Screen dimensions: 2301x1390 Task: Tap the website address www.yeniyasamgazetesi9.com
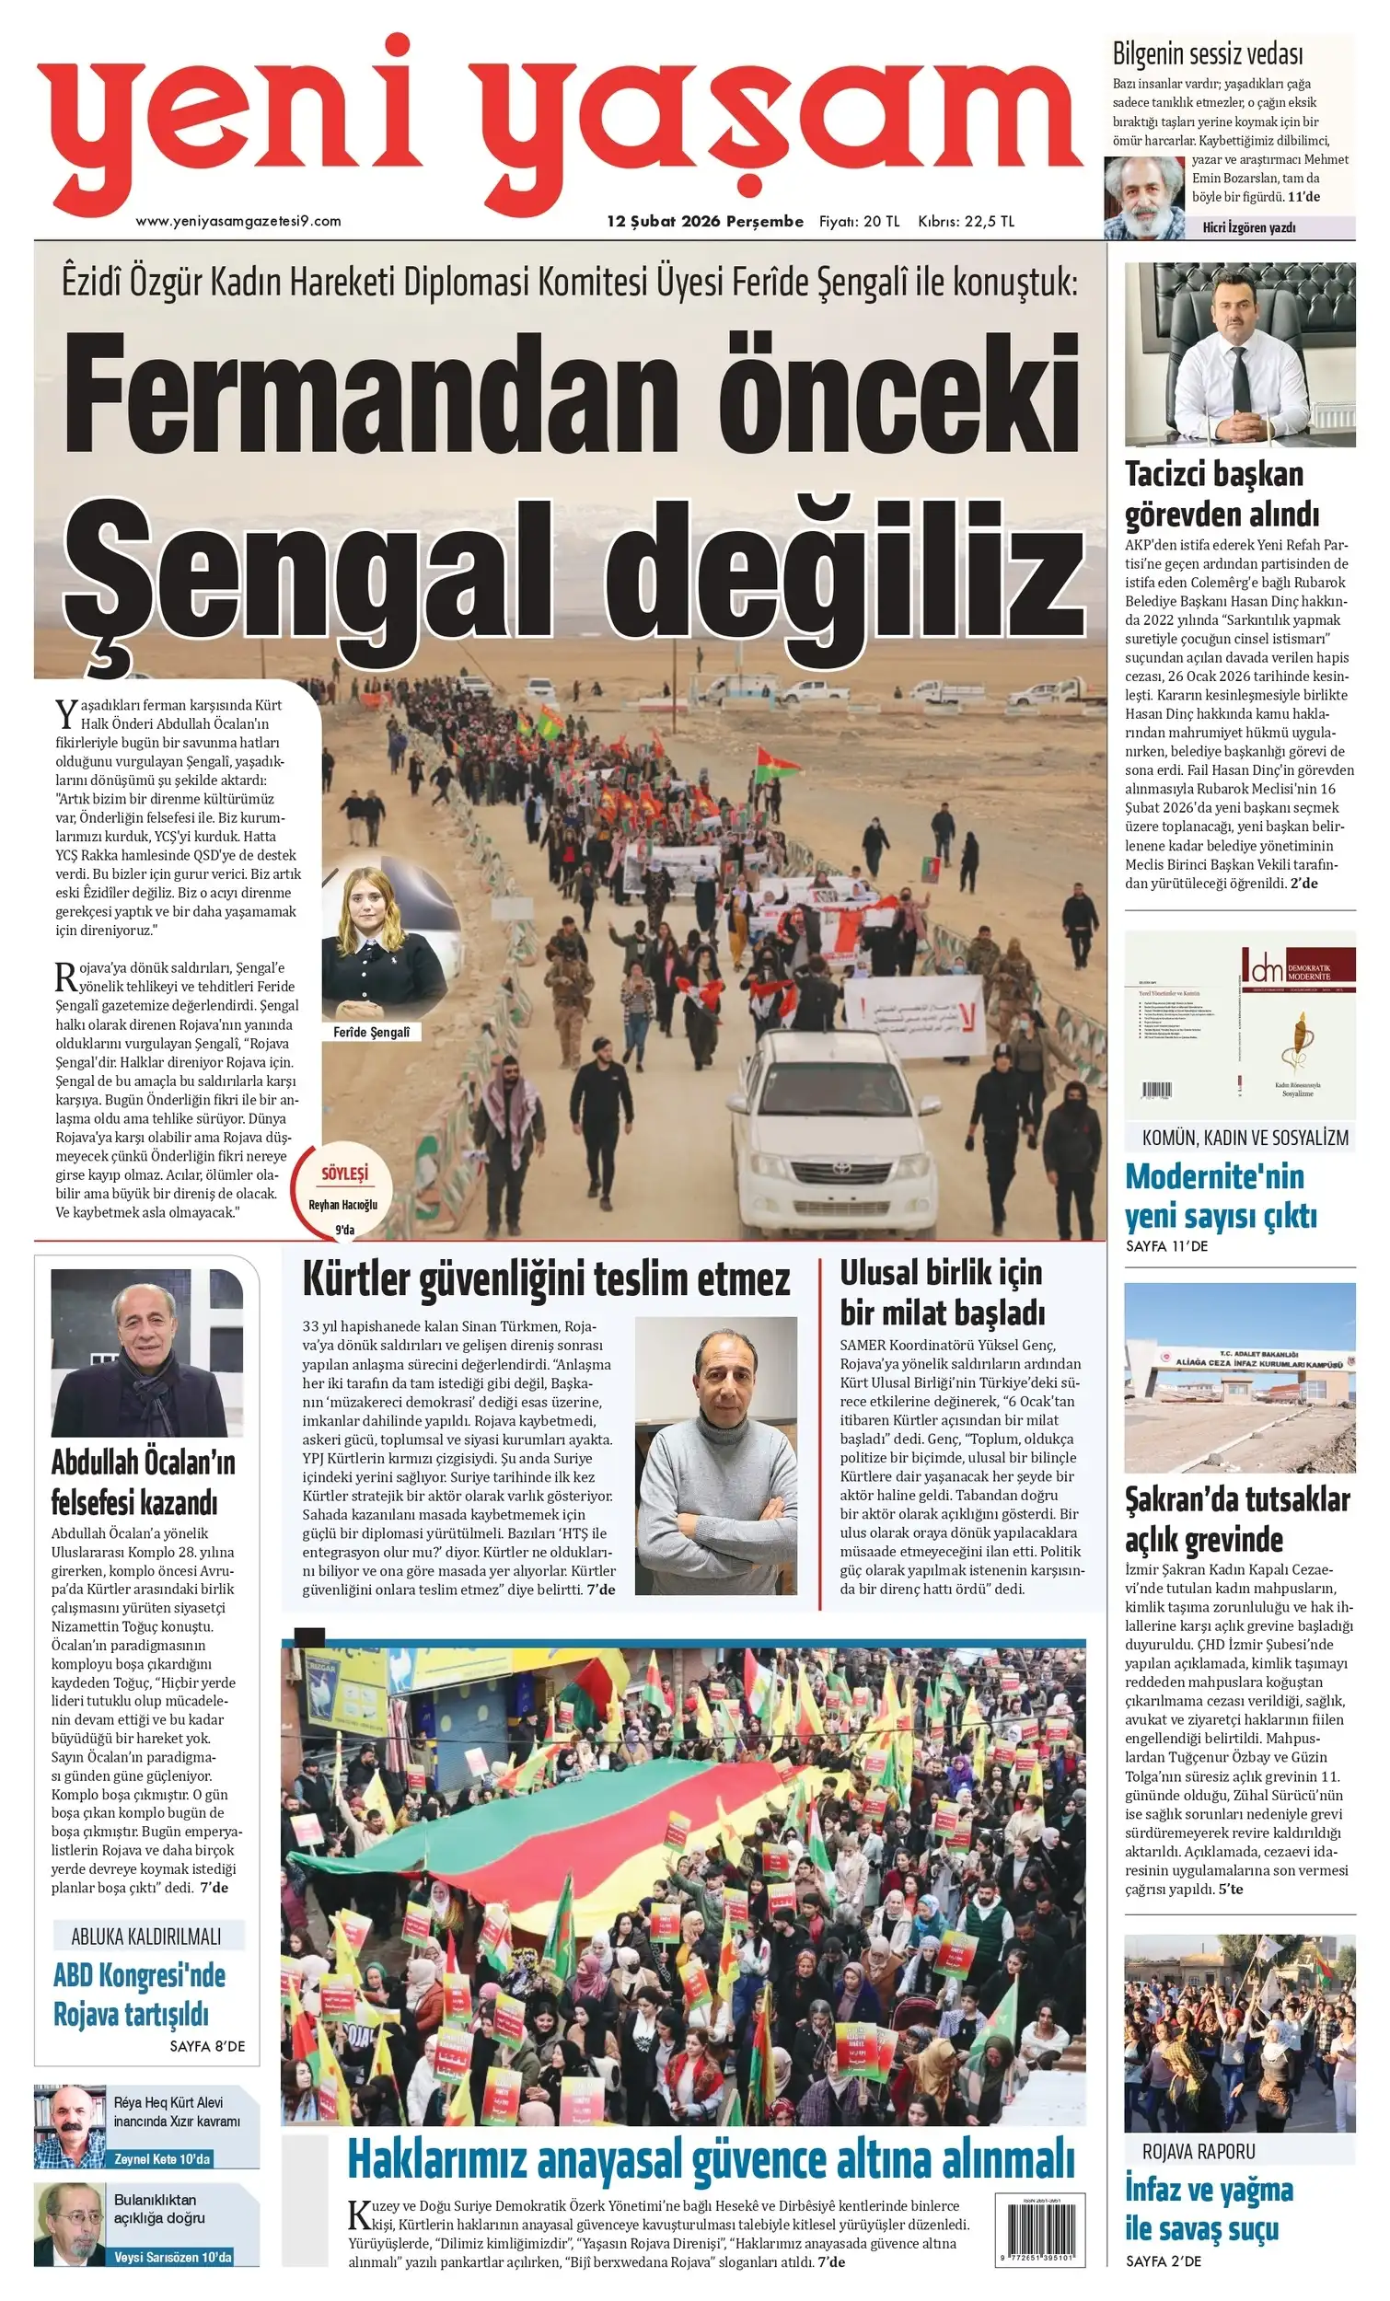(238, 221)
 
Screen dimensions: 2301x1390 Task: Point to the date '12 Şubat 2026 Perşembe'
(705, 221)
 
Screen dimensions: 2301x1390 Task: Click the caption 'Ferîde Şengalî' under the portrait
(371, 1032)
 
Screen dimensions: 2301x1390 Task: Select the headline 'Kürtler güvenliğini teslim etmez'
(546, 1279)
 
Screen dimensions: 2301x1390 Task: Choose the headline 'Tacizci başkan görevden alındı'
(1222, 494)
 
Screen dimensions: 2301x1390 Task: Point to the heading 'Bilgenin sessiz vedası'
(1207, 54)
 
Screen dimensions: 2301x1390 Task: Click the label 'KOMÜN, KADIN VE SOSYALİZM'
(1245, 1139)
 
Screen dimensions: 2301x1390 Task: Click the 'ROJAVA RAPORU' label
(1199, 2152)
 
